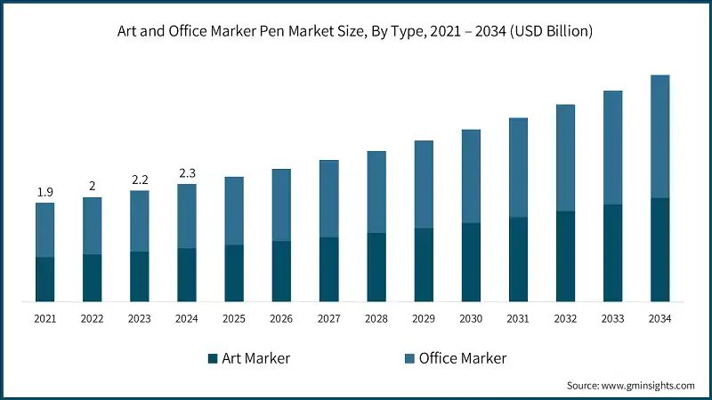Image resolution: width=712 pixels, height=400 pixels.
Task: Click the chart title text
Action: [355, 31]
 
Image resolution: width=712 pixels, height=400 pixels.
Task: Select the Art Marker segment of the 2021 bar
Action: [44, 279]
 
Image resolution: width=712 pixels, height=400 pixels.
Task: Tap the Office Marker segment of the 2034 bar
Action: [659, 136]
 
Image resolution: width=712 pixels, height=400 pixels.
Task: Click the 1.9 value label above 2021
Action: [44, 192]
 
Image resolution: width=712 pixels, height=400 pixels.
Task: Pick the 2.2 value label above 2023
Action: [139, 180]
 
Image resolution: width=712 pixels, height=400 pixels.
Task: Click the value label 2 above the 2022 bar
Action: [92, 186]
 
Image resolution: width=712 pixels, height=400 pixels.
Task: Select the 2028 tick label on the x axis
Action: [376, 318]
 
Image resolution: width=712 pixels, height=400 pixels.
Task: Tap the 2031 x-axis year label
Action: [518, 318]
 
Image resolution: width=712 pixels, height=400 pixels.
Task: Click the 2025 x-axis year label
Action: [234, 318]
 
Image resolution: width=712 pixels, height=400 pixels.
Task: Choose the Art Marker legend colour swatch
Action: [213, 358]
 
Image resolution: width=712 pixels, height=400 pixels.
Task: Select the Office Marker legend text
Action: [463, 358]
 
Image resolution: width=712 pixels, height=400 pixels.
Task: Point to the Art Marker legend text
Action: [256, 358]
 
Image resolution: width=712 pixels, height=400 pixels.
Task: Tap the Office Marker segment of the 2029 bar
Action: [424, 184]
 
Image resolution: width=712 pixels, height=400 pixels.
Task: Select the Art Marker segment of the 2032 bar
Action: [565, 256]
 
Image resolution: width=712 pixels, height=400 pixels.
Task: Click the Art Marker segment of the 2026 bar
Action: [281, 271]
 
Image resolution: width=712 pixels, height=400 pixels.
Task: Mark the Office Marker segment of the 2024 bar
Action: [186, 216]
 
